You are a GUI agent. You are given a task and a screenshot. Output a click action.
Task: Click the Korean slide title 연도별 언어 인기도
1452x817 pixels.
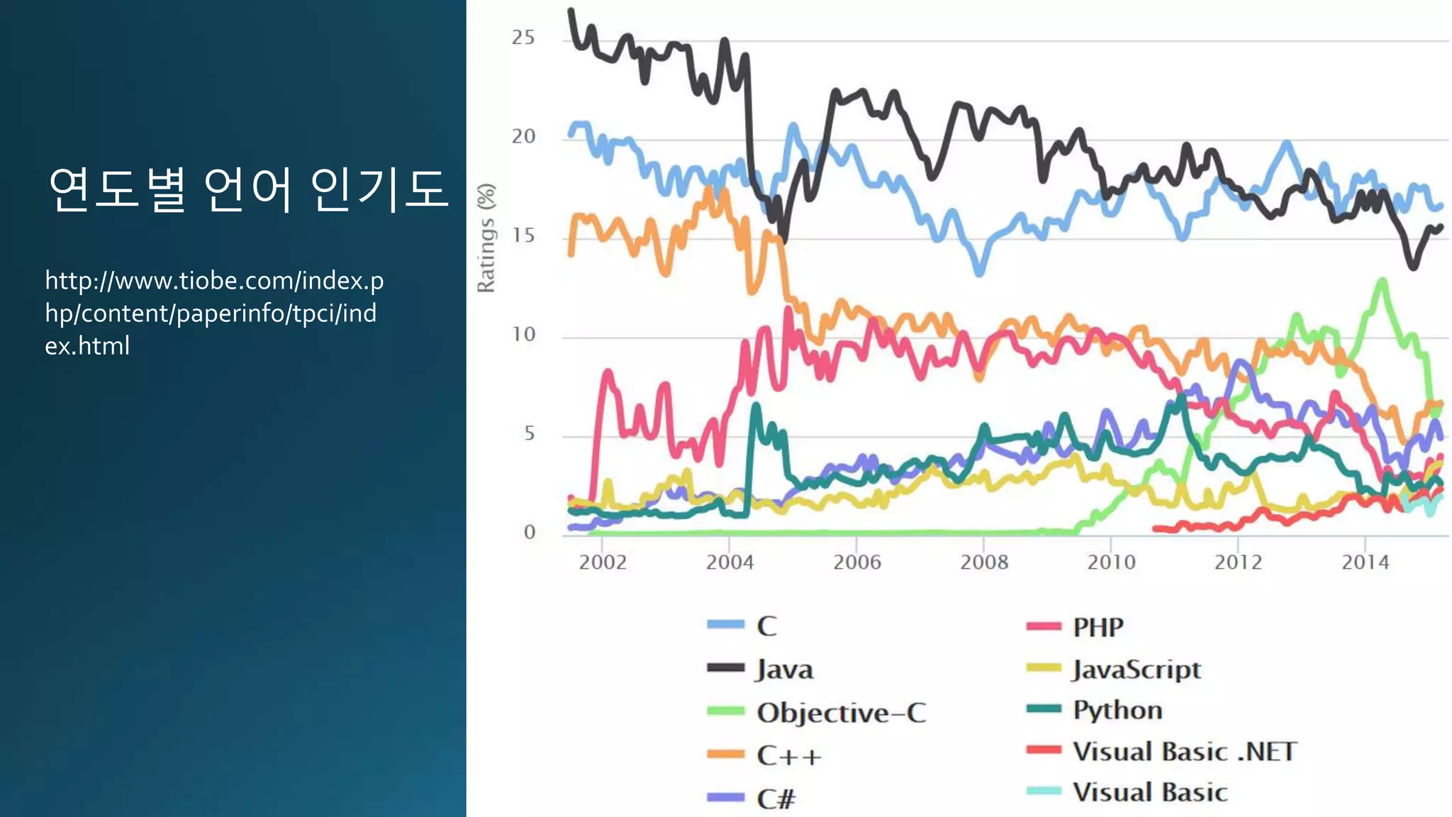248,190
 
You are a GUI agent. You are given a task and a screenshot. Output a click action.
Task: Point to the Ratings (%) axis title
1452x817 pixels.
486,238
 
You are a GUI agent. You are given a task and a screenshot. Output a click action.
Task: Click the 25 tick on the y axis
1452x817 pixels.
523,38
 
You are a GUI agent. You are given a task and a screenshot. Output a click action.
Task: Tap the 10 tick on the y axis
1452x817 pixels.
523,334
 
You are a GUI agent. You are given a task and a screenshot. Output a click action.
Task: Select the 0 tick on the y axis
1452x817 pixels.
529,532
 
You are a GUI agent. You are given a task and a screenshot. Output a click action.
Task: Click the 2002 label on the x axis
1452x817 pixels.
603,562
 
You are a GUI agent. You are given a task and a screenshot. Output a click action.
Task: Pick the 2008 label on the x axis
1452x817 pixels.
984,562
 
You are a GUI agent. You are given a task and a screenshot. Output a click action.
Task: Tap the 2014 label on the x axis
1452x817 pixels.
1366,562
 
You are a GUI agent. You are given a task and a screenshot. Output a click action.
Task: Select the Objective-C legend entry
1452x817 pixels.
841,713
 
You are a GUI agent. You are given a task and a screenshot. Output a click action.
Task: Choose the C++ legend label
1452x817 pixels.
789,756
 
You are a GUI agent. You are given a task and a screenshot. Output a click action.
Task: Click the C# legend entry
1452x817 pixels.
776,799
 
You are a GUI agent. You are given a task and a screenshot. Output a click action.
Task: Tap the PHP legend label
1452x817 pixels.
1098,627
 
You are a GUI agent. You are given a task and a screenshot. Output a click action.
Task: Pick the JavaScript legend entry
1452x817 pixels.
1137,669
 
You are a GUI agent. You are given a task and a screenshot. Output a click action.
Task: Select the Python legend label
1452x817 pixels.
1117,710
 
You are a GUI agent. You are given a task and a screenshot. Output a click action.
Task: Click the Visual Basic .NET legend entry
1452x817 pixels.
1185,751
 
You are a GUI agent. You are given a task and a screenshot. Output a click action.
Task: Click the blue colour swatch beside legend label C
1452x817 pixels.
725,625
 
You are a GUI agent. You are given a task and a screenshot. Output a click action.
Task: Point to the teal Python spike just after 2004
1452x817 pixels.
756,407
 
